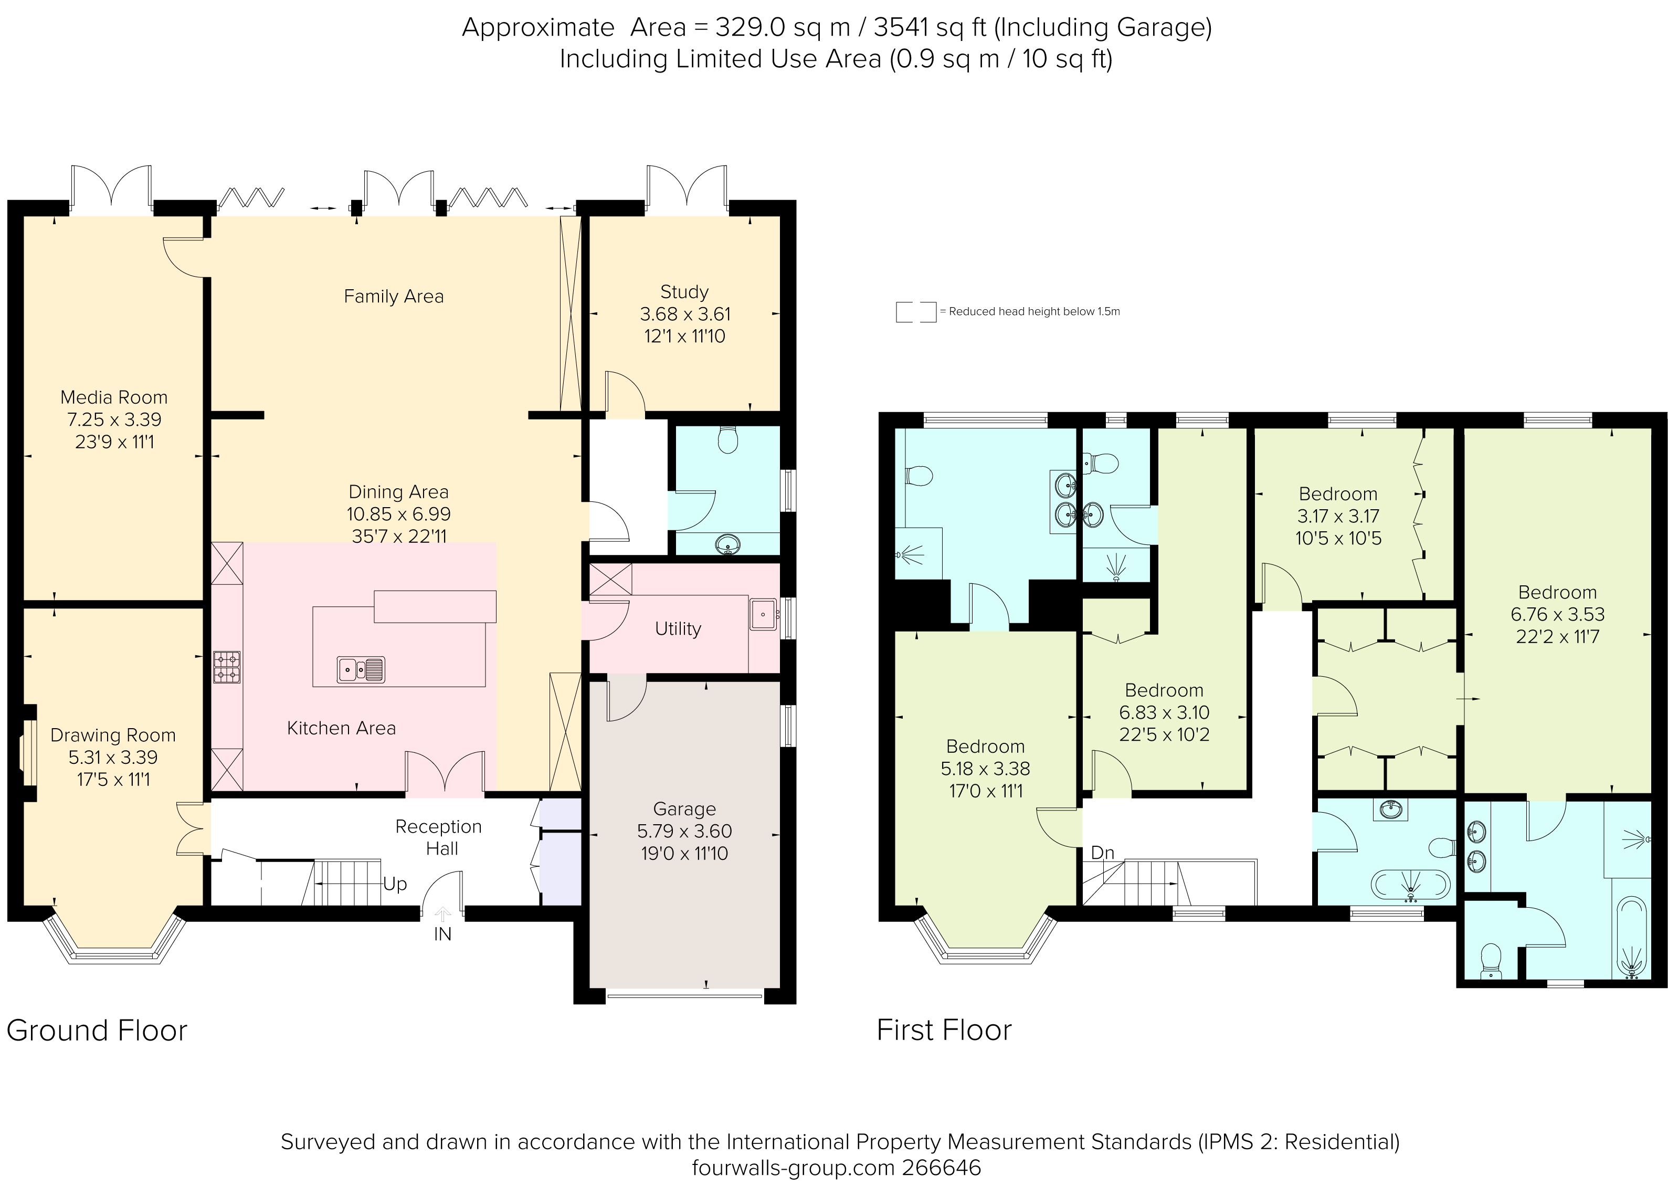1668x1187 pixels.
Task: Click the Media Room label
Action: (113, 397)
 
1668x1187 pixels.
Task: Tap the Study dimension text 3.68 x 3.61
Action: (684, 314)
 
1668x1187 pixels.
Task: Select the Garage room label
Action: (684, 808)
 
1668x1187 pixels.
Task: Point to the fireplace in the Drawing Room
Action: (28, 753)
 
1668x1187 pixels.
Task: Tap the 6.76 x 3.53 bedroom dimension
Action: (1557, 615)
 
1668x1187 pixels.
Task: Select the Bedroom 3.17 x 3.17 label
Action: (1338, 494)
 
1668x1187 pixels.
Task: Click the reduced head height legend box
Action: (915, 312)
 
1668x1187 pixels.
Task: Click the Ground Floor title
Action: (97, 1031)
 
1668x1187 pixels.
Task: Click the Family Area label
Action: (393, 296)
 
